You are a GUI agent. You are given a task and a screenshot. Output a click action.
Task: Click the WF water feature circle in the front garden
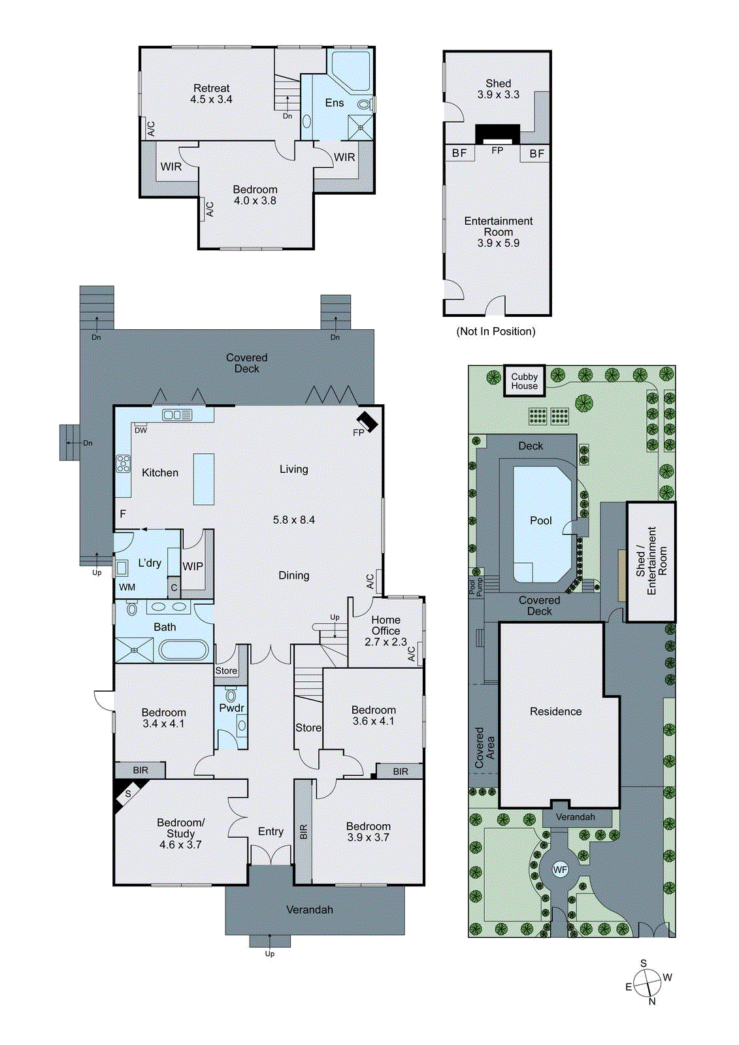tap(560, 869)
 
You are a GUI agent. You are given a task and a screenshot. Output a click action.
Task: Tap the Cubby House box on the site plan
tap(524, 381)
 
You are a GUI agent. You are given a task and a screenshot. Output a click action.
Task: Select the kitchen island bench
tap(204, 479)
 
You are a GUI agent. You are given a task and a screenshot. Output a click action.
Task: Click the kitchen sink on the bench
tap(177, 415)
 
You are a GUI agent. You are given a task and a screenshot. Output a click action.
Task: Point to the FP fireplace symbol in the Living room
tap(367, 421)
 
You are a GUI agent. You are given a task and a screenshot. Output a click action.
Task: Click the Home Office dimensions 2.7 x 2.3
tap(386, 642)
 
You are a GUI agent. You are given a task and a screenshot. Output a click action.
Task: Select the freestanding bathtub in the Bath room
tap(184, 650)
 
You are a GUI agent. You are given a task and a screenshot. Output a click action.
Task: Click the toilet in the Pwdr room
tap(231, 695)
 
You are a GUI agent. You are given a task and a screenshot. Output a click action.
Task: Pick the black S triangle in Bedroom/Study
tap(126, 794)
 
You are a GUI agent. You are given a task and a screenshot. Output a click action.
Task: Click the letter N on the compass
tap(652, 1001)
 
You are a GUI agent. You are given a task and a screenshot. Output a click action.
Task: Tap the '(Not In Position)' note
tap(495, 332)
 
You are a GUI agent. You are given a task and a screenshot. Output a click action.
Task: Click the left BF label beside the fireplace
tap(459, 153)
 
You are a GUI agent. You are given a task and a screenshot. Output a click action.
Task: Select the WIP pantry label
tap(192, 566)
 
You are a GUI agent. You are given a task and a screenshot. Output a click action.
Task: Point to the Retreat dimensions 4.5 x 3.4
tap(211, 99)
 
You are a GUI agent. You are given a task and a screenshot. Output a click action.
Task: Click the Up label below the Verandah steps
tap(270, 954)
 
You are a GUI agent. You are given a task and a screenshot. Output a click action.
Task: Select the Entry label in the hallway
tap(271, 831)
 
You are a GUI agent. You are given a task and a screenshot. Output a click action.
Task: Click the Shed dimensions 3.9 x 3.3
tap(498, 95)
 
